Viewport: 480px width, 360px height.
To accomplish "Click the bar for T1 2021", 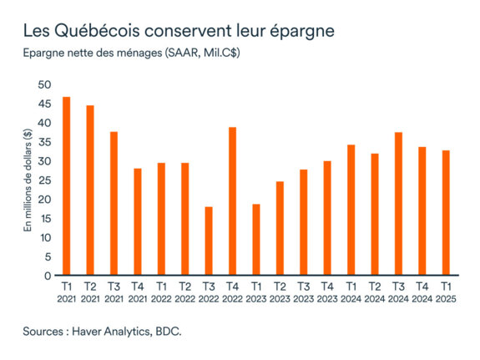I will [66, 186].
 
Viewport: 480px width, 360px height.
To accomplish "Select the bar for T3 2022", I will [209, 241].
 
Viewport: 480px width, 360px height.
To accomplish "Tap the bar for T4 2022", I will [232, 201].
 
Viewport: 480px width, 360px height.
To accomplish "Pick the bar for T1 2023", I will [256, 240].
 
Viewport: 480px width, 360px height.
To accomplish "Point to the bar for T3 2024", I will [398, 204].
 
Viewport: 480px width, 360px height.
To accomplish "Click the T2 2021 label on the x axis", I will [89, 292].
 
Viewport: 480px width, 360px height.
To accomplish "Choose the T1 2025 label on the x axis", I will [446, 292].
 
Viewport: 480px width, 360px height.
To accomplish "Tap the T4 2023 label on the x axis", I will [327, 292].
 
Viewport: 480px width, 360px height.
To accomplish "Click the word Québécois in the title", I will [97, 32].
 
